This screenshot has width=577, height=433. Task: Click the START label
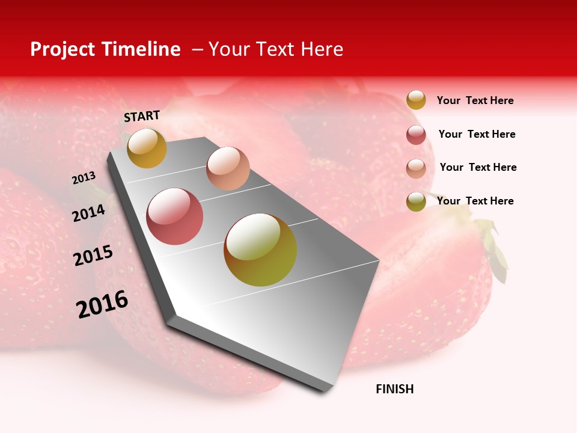[142, 116]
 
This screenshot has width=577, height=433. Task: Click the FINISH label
[394, 389]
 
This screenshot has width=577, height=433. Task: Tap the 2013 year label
[84, 178]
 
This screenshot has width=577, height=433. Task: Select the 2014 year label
[88, 213]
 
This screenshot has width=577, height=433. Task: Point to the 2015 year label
[93, 256]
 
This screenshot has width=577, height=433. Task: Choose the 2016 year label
[102, 304]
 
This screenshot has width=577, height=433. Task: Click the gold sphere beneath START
[147, 148]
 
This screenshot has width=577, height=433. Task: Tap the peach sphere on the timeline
[228, 168]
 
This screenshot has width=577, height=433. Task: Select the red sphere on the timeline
[175, 216]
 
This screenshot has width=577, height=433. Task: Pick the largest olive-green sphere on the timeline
[260, 250]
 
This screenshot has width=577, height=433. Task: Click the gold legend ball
[416, 100]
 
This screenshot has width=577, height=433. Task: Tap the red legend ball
[416, 135]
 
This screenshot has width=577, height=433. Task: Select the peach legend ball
[416, 168]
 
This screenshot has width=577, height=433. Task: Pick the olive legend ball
[416, 201]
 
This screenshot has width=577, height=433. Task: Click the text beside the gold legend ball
[475, 100]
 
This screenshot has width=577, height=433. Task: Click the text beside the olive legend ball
[475, 201]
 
